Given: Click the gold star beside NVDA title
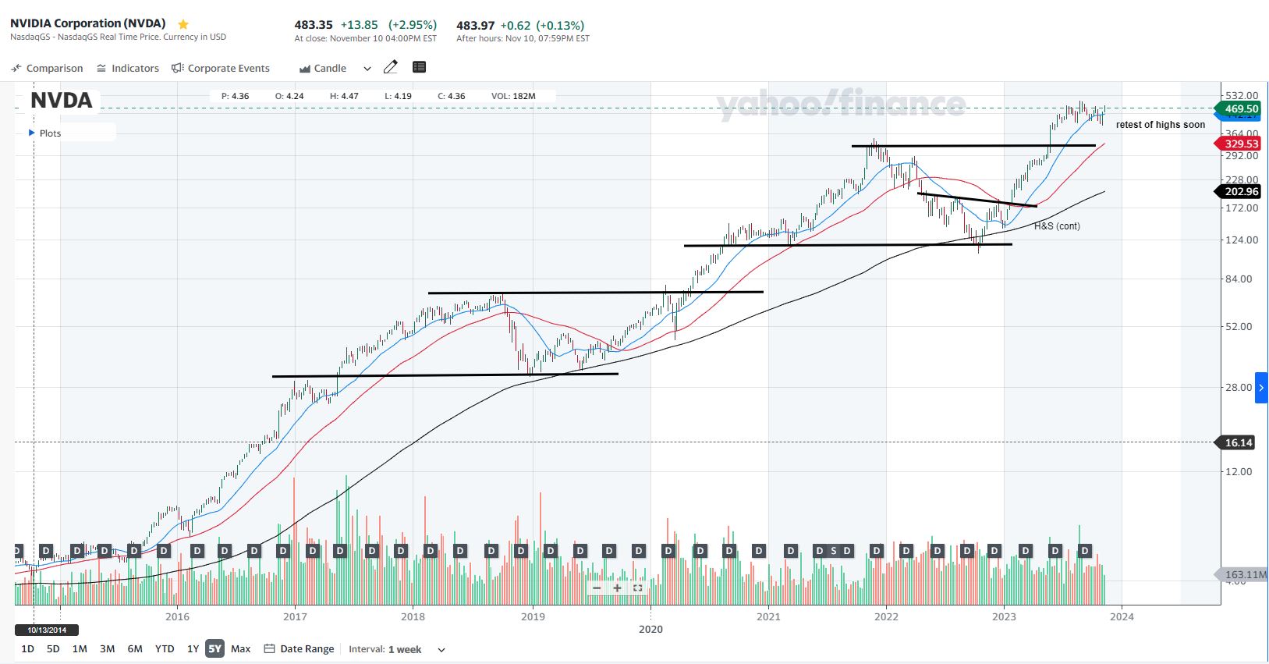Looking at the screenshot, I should click(183, 24).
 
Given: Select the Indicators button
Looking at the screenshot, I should click(128, 69).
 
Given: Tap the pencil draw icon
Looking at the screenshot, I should click(391, 67).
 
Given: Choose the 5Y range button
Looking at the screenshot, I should click(214, 648).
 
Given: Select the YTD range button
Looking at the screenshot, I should click(165, 648).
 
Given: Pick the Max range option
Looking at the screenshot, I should click(241, 648).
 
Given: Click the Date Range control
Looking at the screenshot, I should click(300, 648).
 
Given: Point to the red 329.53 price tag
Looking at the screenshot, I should click(1240, 144).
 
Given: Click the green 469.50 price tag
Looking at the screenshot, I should click(1240, 108).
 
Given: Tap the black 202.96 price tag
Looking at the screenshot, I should click(1240, 191).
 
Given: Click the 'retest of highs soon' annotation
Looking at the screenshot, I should click(1160, 125).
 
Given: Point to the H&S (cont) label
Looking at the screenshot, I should click(1057, 226).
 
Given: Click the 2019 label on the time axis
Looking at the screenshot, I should click(533, 616).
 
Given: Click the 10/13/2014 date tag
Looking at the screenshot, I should click(47, 630).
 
